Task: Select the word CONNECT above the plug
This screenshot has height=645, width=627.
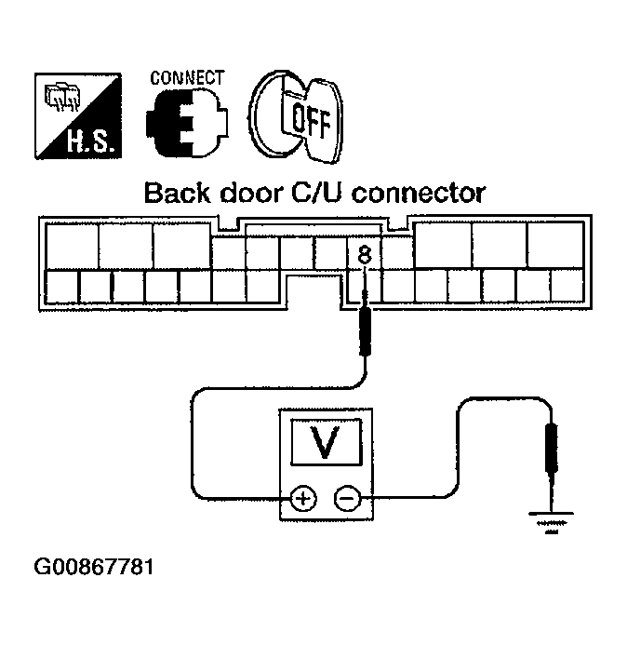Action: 186,77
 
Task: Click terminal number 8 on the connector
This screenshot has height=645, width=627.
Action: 366,252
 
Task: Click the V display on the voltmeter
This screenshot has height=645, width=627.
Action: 325,444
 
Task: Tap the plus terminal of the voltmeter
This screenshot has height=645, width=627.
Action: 302,499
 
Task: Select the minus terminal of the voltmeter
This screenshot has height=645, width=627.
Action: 347,499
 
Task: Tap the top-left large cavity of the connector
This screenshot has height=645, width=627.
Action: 71,245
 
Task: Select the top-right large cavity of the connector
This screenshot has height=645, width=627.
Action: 554,245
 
